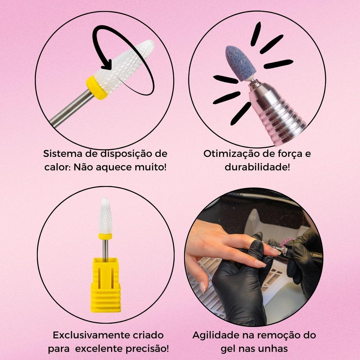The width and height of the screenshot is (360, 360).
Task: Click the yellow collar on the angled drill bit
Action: tap(96, 88)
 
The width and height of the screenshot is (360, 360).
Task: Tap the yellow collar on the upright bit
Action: tap(105, 236)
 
